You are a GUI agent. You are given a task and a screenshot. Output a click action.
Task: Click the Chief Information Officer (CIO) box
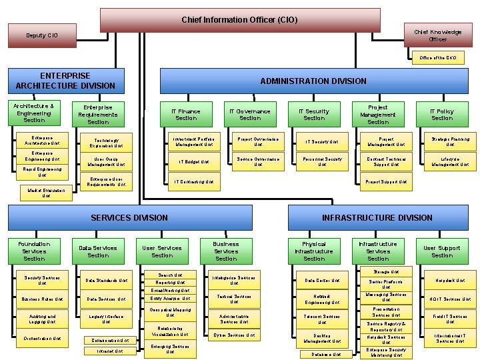239,20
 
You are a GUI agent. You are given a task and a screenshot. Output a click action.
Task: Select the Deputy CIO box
42,35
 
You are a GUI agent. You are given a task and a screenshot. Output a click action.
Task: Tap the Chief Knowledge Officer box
437,35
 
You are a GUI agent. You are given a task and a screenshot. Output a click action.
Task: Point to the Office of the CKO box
437,58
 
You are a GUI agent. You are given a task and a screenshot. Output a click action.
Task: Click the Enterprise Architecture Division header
65,81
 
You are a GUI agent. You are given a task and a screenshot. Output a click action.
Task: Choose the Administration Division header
313,81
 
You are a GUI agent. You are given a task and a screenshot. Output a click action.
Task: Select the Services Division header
129,217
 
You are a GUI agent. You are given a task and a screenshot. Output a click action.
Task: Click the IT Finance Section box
186,115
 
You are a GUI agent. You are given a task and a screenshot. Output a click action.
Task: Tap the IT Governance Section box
250,115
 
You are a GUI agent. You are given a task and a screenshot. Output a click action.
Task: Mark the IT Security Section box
314,115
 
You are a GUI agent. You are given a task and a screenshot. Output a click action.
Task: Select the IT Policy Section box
441,115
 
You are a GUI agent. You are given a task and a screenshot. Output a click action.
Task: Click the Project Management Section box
378,114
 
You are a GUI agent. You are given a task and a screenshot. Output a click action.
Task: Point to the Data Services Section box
98,251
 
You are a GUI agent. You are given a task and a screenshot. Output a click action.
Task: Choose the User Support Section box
441,251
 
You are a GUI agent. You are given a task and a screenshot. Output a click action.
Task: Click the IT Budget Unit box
194,161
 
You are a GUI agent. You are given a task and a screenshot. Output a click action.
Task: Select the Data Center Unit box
322,281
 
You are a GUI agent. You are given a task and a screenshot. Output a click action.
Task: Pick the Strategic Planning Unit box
450,141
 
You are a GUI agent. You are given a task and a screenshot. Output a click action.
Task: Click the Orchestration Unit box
43,339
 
